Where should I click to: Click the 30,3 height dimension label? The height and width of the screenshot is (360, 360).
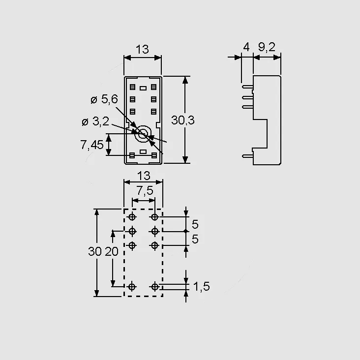183,120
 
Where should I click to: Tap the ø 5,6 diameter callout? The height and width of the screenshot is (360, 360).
104,99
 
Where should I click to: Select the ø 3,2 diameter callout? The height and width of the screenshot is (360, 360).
95,121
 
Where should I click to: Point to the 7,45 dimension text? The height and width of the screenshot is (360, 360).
92,145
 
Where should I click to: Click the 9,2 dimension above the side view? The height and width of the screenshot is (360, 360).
267,47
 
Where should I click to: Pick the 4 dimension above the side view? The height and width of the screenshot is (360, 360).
246,47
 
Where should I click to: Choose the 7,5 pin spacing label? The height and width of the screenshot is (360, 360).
145,190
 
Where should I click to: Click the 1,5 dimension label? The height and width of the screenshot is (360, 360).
202,287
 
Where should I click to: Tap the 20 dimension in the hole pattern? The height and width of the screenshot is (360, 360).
112,251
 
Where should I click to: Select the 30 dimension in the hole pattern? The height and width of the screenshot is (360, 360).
95,251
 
